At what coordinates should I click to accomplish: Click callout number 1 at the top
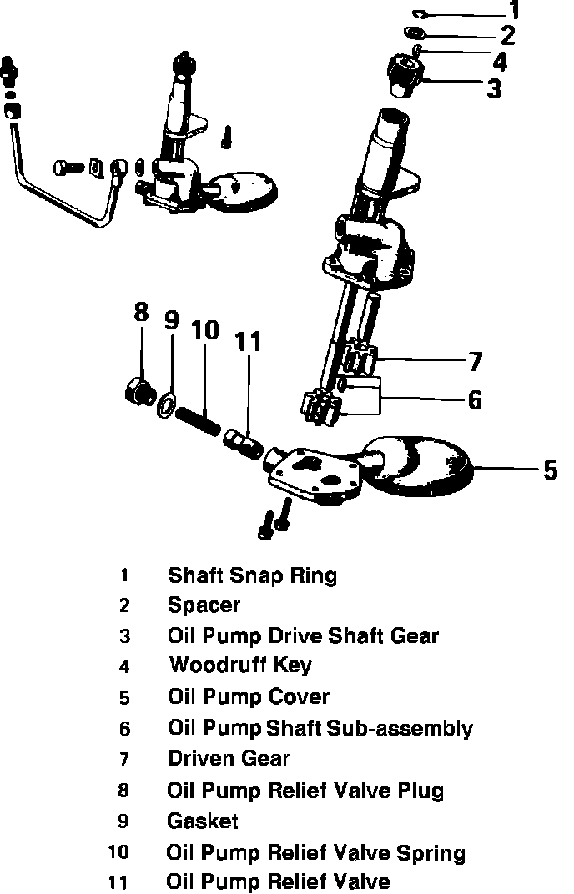pos(515,11)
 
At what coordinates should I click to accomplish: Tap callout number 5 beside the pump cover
pos(550,470)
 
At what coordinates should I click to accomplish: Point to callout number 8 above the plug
pos(141,314)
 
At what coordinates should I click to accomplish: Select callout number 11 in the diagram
pos(248,341)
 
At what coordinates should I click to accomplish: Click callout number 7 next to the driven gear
pos(475,362)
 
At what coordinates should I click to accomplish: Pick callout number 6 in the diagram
pos(475,400)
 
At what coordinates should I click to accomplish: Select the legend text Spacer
pos(204,605)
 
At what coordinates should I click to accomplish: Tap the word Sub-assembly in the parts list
pos(399,728)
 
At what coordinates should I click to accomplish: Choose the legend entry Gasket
pos(203,821)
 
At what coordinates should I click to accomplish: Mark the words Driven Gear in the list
pos(228,759)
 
